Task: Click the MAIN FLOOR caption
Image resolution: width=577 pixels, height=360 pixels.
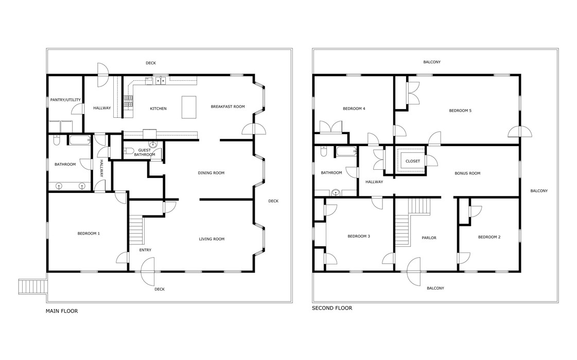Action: click(62, 311)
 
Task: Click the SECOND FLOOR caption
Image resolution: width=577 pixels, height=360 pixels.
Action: click(332, 308)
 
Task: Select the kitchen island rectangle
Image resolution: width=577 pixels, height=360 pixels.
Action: click(189, 107)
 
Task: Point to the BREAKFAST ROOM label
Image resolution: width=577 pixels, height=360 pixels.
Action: click(228, 106)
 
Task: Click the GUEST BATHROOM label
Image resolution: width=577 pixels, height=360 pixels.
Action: click(145, 152)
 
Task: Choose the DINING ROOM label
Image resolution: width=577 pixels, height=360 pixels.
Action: click(211, 173)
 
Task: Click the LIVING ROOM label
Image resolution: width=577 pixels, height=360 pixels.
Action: click(212, 239)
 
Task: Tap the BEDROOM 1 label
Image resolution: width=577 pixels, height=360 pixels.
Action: click(89, 233)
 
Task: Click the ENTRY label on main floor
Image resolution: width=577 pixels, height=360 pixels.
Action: click(145, 250)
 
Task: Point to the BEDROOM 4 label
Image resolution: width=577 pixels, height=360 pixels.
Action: click(354, 109)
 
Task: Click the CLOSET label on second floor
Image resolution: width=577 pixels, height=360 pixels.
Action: click(412, 161)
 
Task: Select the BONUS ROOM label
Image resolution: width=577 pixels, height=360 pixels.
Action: click(467, 173)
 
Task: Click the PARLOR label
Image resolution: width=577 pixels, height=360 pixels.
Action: click(429, 238)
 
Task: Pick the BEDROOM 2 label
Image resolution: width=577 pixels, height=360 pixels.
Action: click(489, 237)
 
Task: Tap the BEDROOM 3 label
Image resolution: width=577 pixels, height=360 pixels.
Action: click(359, 237)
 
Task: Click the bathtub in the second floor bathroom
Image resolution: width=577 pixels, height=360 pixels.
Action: click(346, 152)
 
